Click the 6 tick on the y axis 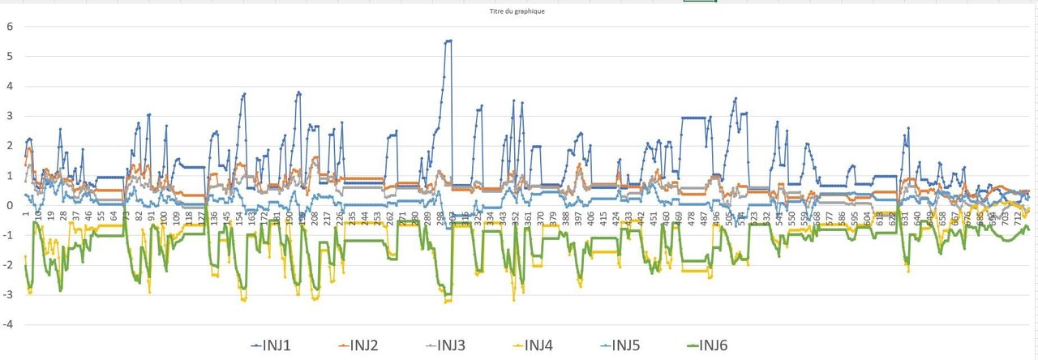pyautogui.click(x=11, y=26)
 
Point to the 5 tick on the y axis pyautogui.click(x=11, y=56)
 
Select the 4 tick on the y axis pyautogui.click(x=11, y=86)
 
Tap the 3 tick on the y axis pyautogui.click(x=11, y=116)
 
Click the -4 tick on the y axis pyautogui.click(x=9, y=324)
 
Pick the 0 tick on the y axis pyautogui.click(x=11, y=205)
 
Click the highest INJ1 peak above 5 pyautogui.click(x=448, y=41)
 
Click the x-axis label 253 pyautogui.click(x=377, y=219)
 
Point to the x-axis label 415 pyautogui.click(x=603, y=219)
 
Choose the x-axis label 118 pyautogui.click(x=189, y=219)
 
